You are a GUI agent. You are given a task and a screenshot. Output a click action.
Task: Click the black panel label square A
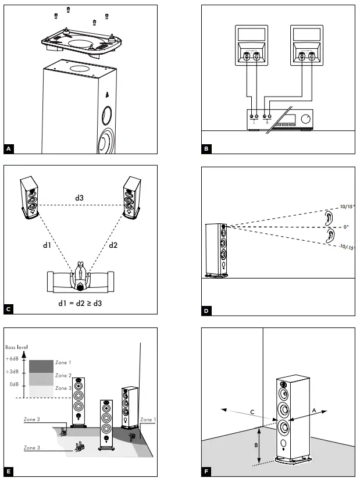coord(9,149)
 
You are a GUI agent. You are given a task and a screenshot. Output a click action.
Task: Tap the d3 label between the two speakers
coord(80,198)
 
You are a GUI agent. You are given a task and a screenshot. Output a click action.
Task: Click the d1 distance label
coord(47,245)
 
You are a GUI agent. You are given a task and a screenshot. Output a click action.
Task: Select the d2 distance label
coord(113,245)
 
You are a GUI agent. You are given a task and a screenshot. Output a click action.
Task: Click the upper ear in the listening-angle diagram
coord(329,218)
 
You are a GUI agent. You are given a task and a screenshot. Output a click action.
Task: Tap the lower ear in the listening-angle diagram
coord(330,236)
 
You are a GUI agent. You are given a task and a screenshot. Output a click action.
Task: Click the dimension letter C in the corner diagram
coord(251,412)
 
